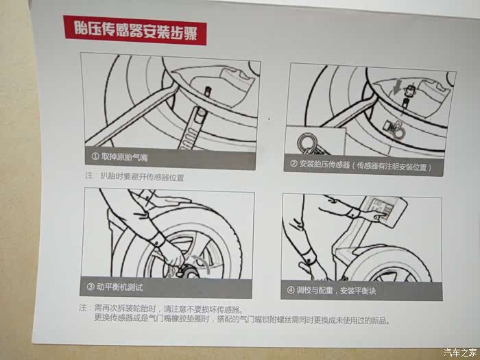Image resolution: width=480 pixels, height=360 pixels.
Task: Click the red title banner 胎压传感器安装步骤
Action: (135, 31)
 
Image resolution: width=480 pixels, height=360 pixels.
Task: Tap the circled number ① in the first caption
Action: (95, 156)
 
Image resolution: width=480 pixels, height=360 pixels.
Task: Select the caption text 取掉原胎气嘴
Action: (124, 157)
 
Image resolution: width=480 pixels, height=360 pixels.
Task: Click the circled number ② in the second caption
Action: (293, 164)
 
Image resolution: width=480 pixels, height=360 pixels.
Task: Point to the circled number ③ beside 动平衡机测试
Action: (91, 287)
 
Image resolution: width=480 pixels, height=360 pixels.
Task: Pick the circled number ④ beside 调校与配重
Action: (291, 290)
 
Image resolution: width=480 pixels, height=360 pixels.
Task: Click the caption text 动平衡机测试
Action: (120, 287)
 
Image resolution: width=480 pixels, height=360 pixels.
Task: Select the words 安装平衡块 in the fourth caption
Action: (358, 291)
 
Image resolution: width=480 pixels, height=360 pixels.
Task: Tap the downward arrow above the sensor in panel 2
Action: (397, 87)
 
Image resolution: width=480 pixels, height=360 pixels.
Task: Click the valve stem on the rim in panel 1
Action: (208, 91)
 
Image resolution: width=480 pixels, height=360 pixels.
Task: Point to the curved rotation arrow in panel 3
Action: (202, 263)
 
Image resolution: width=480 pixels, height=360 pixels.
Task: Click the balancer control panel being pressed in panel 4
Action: (384, 211)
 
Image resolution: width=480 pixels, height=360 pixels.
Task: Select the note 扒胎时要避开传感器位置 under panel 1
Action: (142, 177)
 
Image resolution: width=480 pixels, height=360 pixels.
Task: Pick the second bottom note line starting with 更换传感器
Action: (242, 320)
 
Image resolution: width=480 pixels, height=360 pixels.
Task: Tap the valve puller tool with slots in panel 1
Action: (192, 128)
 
